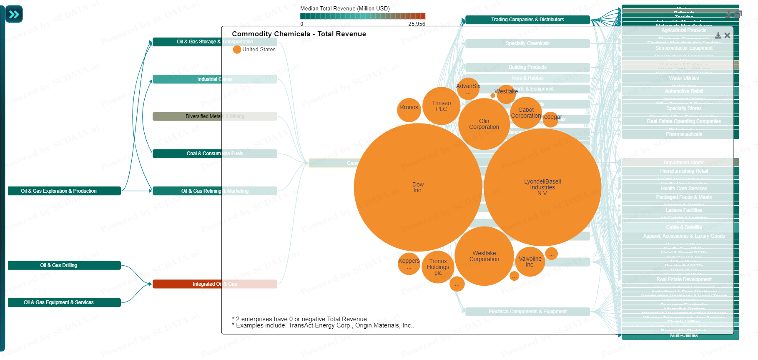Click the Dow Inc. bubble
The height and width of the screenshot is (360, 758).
tap(418, 187)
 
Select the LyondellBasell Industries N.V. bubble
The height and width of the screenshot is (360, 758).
tap(542, 187)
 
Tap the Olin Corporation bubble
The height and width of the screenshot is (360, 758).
tap(484, 124)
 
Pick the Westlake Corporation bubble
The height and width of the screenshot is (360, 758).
tap(484, 256)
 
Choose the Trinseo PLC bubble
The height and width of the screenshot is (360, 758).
tap(441, 106)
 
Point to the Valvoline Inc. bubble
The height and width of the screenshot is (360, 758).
tap(530, 262)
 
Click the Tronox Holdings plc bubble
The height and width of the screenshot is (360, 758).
tap(438, 267)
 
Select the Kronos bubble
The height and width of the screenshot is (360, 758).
tap(409, 110)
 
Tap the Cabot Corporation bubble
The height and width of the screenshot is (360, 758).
tap(526, 113)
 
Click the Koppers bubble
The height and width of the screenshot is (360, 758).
tap(409, 264)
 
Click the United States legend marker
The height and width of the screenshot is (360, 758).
tap(237, 50)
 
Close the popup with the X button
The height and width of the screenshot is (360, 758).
tap(727, 36)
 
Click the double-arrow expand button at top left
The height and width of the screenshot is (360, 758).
tap(14, 15)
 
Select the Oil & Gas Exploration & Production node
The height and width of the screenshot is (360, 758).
tap(64, 191)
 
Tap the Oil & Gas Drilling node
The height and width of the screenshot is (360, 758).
tap(64, 265)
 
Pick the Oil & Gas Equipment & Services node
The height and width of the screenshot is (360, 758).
tap(64, 302)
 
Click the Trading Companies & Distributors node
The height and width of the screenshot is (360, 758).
tap(527, 20)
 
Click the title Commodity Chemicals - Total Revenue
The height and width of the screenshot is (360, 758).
tap(299, 34)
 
